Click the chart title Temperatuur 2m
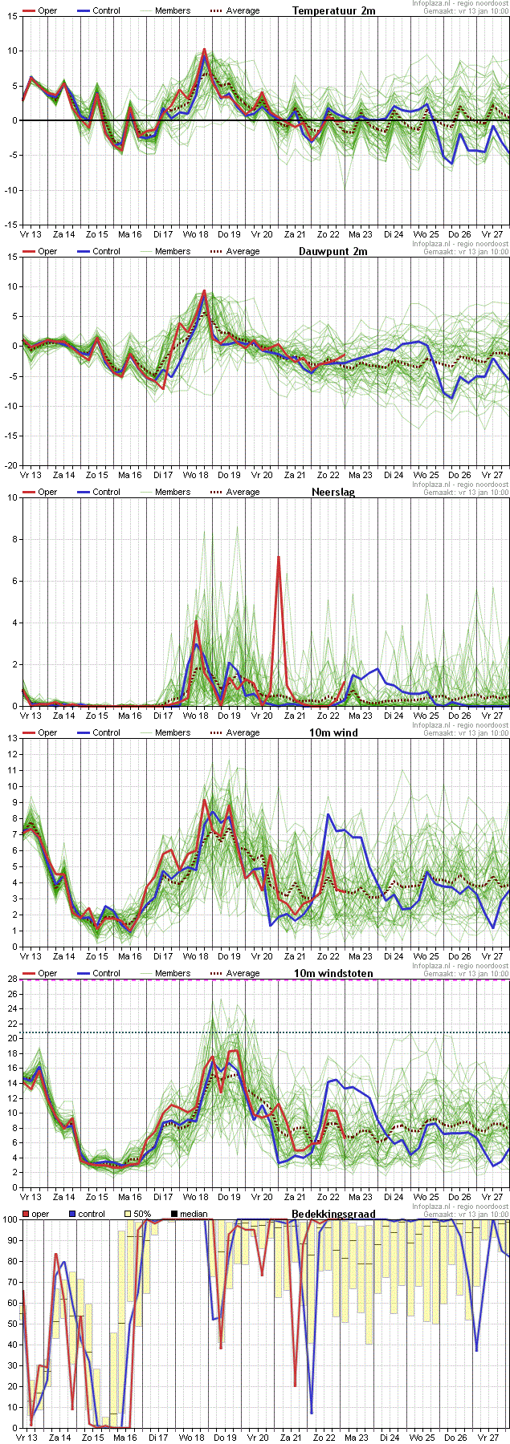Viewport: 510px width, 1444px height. (333, 10)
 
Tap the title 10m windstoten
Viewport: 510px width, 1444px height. (333, 973)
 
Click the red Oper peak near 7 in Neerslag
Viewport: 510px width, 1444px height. (279, 557)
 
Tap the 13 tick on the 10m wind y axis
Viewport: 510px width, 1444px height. (11, 738)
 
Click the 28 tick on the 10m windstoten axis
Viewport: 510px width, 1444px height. (11, 979)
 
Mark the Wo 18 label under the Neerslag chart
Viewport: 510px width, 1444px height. (195, 715)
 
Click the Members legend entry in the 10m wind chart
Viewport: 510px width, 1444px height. (173, 732)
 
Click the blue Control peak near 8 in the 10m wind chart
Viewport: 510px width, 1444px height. (328, 815)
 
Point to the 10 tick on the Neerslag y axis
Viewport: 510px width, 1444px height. (11, 497)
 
